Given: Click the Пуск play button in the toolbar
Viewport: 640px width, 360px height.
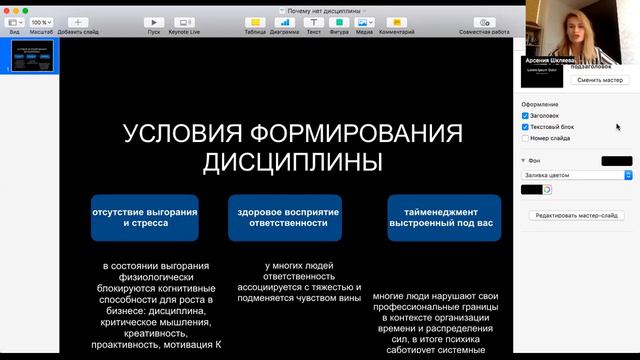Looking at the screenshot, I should pyautogui.click(x=153, y=22).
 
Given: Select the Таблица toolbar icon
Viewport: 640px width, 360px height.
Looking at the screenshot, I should pyautogui.click(x=254, y=22).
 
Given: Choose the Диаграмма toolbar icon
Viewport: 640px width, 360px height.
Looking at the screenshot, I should pyautogui.click(x=284, y=22).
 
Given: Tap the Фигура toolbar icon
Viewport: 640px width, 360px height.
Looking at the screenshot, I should pyautogui.click(x=340, y=22).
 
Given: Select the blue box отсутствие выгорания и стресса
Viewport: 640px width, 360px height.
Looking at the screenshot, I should pyautogui.click(x=144, y=217).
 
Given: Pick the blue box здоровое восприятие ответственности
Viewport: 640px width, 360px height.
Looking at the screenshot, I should pyautogui.click(x=284, y=217).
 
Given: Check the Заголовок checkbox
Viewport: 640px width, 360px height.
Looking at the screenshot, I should pyautogui.click(x=526, y=115).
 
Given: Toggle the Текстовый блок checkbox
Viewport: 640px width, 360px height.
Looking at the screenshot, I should pyautogui.click(x=526, y=127).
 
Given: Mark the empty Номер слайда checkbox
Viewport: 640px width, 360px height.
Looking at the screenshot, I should pyautogui.click(x=526, y=138).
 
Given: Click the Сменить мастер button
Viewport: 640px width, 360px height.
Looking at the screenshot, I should pyautogui.click(x=599, y=79).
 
